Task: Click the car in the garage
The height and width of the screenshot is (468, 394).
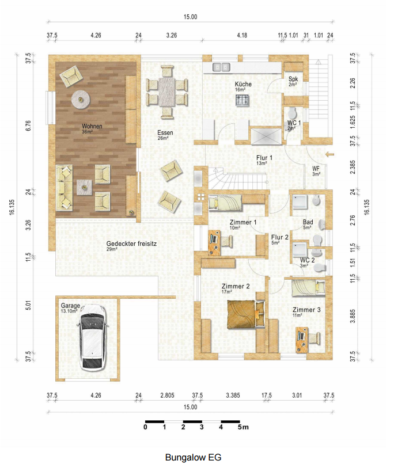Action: tap(92, 337)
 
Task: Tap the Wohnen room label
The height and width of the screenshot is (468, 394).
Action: tap(92, 126)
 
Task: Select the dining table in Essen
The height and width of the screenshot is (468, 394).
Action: tap(167, 92)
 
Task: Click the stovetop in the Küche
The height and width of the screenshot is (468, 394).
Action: tap(243, 100)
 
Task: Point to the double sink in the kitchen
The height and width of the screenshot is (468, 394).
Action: tap(221, 67)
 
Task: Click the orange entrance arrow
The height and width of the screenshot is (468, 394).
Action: tap(330, 154)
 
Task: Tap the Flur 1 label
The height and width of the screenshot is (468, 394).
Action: tap(264, 158)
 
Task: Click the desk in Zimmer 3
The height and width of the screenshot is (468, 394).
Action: tap(302, 340)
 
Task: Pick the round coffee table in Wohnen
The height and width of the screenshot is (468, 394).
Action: tap(81, 99)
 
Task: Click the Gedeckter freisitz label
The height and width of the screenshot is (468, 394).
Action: tap(131, 243)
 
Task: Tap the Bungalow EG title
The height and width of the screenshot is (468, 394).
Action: tap(194, 457)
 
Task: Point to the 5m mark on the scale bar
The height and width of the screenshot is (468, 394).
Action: tap(243, 427)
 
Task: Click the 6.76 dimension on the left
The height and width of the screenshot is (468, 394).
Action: tap(28, 125)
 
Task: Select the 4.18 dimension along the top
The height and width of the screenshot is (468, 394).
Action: tap(242, 35)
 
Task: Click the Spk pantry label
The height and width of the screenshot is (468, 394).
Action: tap(293, 79)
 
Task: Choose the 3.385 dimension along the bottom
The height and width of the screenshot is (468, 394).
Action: tap(233, 395)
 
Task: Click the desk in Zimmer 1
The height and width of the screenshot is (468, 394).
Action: tap(214, 242)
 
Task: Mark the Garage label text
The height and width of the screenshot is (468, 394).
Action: tap(70, 306)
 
